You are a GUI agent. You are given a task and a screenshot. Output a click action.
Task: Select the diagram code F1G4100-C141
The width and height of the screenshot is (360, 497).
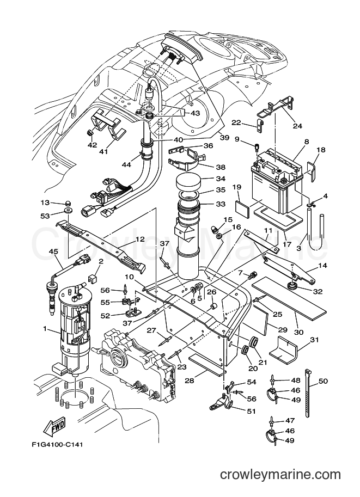pos(57,445)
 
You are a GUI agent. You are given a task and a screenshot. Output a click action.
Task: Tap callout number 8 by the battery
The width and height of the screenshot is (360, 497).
pos(307,142)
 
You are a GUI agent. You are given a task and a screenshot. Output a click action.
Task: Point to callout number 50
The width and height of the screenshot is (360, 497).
pos(322,381)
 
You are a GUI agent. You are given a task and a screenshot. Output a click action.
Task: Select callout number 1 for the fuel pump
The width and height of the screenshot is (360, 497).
pos(45,329)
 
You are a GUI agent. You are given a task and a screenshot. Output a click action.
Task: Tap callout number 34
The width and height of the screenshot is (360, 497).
pos(221,179)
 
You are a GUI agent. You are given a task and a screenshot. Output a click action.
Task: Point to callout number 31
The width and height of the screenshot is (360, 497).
pos(314,340)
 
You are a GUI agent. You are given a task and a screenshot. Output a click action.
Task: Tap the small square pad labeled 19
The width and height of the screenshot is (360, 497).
pos(243,207)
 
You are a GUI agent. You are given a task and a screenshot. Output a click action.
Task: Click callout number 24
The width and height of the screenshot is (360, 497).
pos(297,126)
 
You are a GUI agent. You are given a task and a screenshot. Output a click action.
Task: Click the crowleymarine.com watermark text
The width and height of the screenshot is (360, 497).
pos(280,475)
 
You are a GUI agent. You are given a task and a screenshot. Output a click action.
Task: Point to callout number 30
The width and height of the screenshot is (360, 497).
pos(298,332)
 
